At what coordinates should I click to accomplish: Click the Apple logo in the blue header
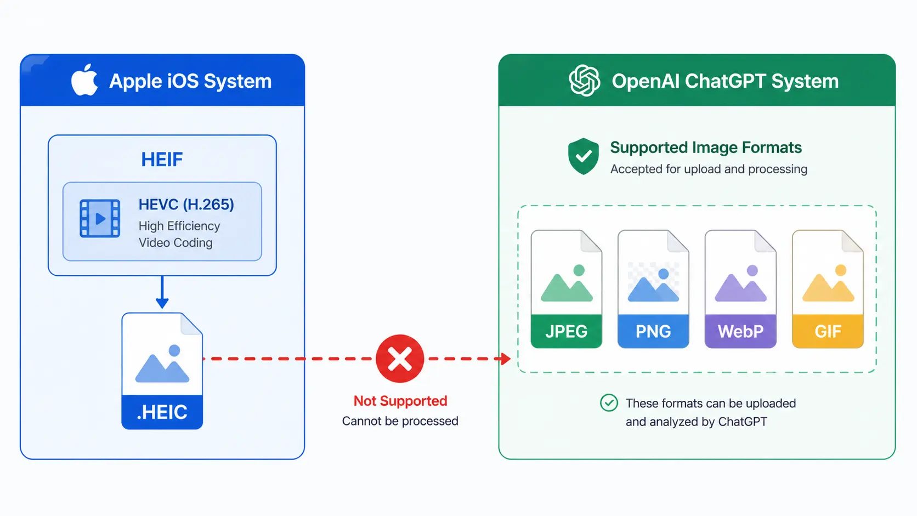(x=84, y=80)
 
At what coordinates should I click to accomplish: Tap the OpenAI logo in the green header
(x=584, y=81)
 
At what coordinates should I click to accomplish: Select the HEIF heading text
(x=162, y=160)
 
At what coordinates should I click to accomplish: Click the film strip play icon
(x=100, y=218)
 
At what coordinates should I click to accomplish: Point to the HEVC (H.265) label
(x=186, y=204)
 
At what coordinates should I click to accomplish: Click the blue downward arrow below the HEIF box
(x=162, y=292)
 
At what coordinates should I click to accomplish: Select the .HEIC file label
(x=162, y=412)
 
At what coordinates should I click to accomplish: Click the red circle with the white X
(x=400, y=359)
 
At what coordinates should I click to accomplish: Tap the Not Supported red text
(x=400, y=401)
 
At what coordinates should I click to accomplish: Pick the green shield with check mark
(x=584, y=156)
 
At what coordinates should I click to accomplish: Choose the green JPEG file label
(x=566, y=331)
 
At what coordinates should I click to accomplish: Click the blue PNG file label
(x=653, y=331)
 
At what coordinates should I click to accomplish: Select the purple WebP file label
(x=740, y=331)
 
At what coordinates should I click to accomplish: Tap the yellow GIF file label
(x=828, y=331)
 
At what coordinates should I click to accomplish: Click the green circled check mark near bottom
(x=609, y=403)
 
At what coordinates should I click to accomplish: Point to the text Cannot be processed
(x=400, y=421)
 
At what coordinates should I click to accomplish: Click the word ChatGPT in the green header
(x=725, y=81)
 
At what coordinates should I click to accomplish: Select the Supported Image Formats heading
(x=706, y=148)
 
